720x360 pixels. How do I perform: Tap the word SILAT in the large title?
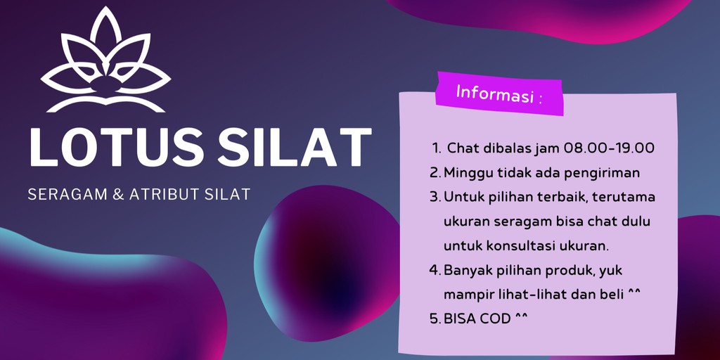[295, 148]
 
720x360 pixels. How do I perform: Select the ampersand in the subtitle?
[117, 194]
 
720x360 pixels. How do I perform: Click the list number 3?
[435, 197]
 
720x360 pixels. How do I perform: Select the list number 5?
[435, 319]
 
